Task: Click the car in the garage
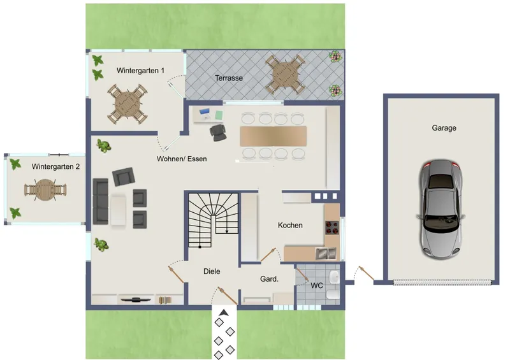tap(441, 209)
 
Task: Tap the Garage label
tap(444, 128)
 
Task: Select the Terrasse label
tap(229, 78)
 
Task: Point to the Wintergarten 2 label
tap(55, 166)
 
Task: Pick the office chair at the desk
tap(218, 132)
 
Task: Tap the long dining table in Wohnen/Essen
tap(273, 136)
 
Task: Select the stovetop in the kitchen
tap(332, 227)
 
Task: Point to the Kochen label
tap(290, 225)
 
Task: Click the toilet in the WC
tap(333, 295)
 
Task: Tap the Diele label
tap(212, 271)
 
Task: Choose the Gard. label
tap(269, 278)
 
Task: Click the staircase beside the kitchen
tap(214, 220)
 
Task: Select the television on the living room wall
tap(136, 299)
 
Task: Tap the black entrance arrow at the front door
tap(224, 313)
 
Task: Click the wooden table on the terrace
tap(285, 75)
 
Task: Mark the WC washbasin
tap(334, 277)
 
